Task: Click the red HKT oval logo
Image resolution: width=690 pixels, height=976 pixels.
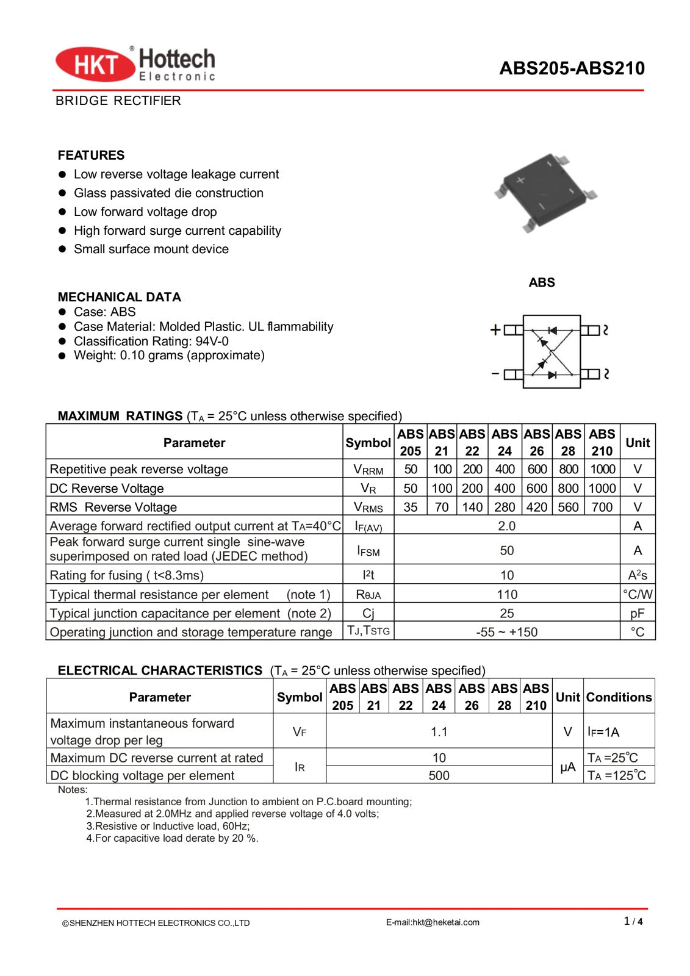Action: coord(95,64)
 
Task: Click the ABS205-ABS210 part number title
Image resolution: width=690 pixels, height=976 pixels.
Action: coord(572,68)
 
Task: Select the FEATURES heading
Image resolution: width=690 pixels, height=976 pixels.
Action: coord(91,155)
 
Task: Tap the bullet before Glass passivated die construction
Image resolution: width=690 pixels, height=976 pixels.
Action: coord(62,193)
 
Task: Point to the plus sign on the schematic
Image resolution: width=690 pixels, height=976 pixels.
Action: coord(495,330)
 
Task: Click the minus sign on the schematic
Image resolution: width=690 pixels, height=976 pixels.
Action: coord(495,373)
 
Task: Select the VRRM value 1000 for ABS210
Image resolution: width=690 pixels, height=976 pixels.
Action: coord(602,469)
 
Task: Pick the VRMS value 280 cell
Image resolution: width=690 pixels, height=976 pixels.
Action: coord(505,507)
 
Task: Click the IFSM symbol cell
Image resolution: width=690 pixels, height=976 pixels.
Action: coord(368,551)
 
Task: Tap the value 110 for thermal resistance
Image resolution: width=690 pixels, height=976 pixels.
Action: coord(506,594)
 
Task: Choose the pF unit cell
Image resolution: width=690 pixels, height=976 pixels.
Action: coord(637,613)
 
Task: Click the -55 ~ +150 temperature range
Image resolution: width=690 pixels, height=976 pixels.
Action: coord(506,632)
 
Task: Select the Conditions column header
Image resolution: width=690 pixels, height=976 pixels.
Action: coord(619,697)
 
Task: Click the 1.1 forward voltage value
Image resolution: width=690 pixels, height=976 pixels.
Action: coord(439,731)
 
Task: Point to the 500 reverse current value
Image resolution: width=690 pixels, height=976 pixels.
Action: coord(439,775)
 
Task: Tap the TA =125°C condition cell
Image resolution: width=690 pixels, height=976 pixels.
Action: coord(616,775)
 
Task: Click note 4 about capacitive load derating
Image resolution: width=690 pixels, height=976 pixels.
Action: coord(172,838)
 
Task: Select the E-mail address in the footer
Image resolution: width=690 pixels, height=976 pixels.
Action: coord(433,922)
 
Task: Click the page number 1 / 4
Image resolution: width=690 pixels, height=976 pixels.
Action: coord(633,921)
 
